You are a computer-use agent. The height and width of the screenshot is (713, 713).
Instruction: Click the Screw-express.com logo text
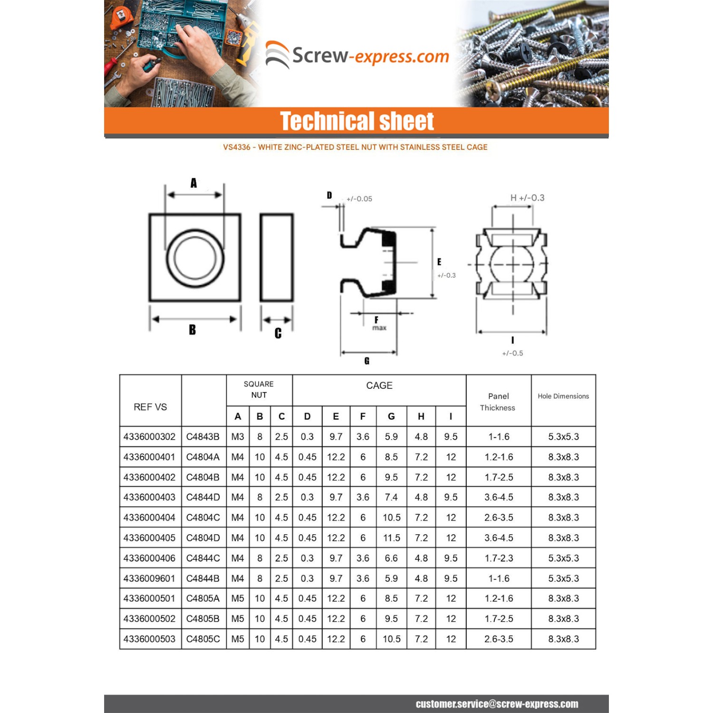coord(370,56)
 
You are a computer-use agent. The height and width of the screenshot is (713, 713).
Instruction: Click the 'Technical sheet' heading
coord(356,121)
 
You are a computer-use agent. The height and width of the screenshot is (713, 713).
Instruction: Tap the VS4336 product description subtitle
coord(355,147)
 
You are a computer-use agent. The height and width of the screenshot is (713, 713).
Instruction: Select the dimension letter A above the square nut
coord(193,183)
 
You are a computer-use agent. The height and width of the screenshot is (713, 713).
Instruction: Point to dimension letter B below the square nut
coord(192,329)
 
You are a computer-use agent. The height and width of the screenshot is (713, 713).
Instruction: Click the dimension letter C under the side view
coord(278,333)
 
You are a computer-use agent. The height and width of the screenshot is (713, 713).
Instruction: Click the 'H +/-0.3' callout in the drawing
coord(527,198)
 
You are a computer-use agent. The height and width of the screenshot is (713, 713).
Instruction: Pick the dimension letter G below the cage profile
coord(366,361)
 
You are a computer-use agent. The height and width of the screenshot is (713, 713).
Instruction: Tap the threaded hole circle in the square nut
coord(195,258)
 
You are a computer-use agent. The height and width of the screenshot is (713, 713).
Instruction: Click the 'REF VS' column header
coord(150,407)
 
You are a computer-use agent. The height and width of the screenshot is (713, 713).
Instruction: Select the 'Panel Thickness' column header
coord(498,402)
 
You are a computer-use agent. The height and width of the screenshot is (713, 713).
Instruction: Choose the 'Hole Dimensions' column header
coord(563,396)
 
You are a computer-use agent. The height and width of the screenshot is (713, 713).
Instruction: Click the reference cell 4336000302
coord(149,436)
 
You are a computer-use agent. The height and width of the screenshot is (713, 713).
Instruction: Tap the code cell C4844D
coord(203,497)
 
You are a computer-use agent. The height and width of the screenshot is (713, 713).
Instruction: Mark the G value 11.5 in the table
coord(392,538)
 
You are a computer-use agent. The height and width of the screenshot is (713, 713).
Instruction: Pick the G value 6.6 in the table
coord(391,558)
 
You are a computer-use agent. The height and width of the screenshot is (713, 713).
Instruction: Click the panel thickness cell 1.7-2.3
coord(499,558)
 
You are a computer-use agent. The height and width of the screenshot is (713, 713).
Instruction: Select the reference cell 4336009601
coord(149,578)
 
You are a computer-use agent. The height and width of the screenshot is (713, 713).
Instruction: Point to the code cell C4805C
coord(203,639)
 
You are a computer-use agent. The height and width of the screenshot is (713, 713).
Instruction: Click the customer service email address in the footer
coord(497,704)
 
